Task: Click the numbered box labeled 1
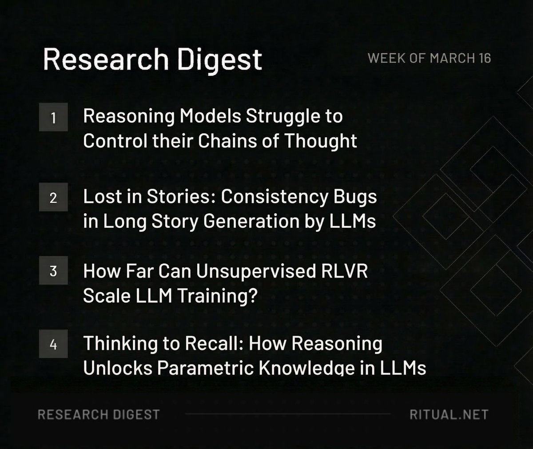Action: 53,117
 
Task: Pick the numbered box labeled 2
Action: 53,197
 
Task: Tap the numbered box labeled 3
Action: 53,270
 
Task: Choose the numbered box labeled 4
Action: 53,344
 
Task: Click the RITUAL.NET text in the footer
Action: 449,414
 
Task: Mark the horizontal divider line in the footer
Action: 287,414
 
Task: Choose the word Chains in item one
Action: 226,141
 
